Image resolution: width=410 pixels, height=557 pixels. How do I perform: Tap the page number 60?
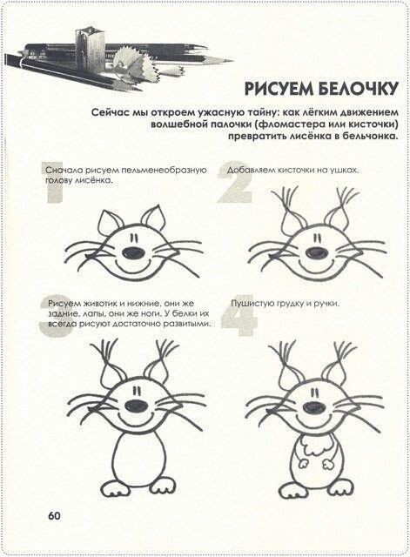coord(55,513)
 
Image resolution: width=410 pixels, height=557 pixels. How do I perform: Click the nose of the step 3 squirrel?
coord(135,406)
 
